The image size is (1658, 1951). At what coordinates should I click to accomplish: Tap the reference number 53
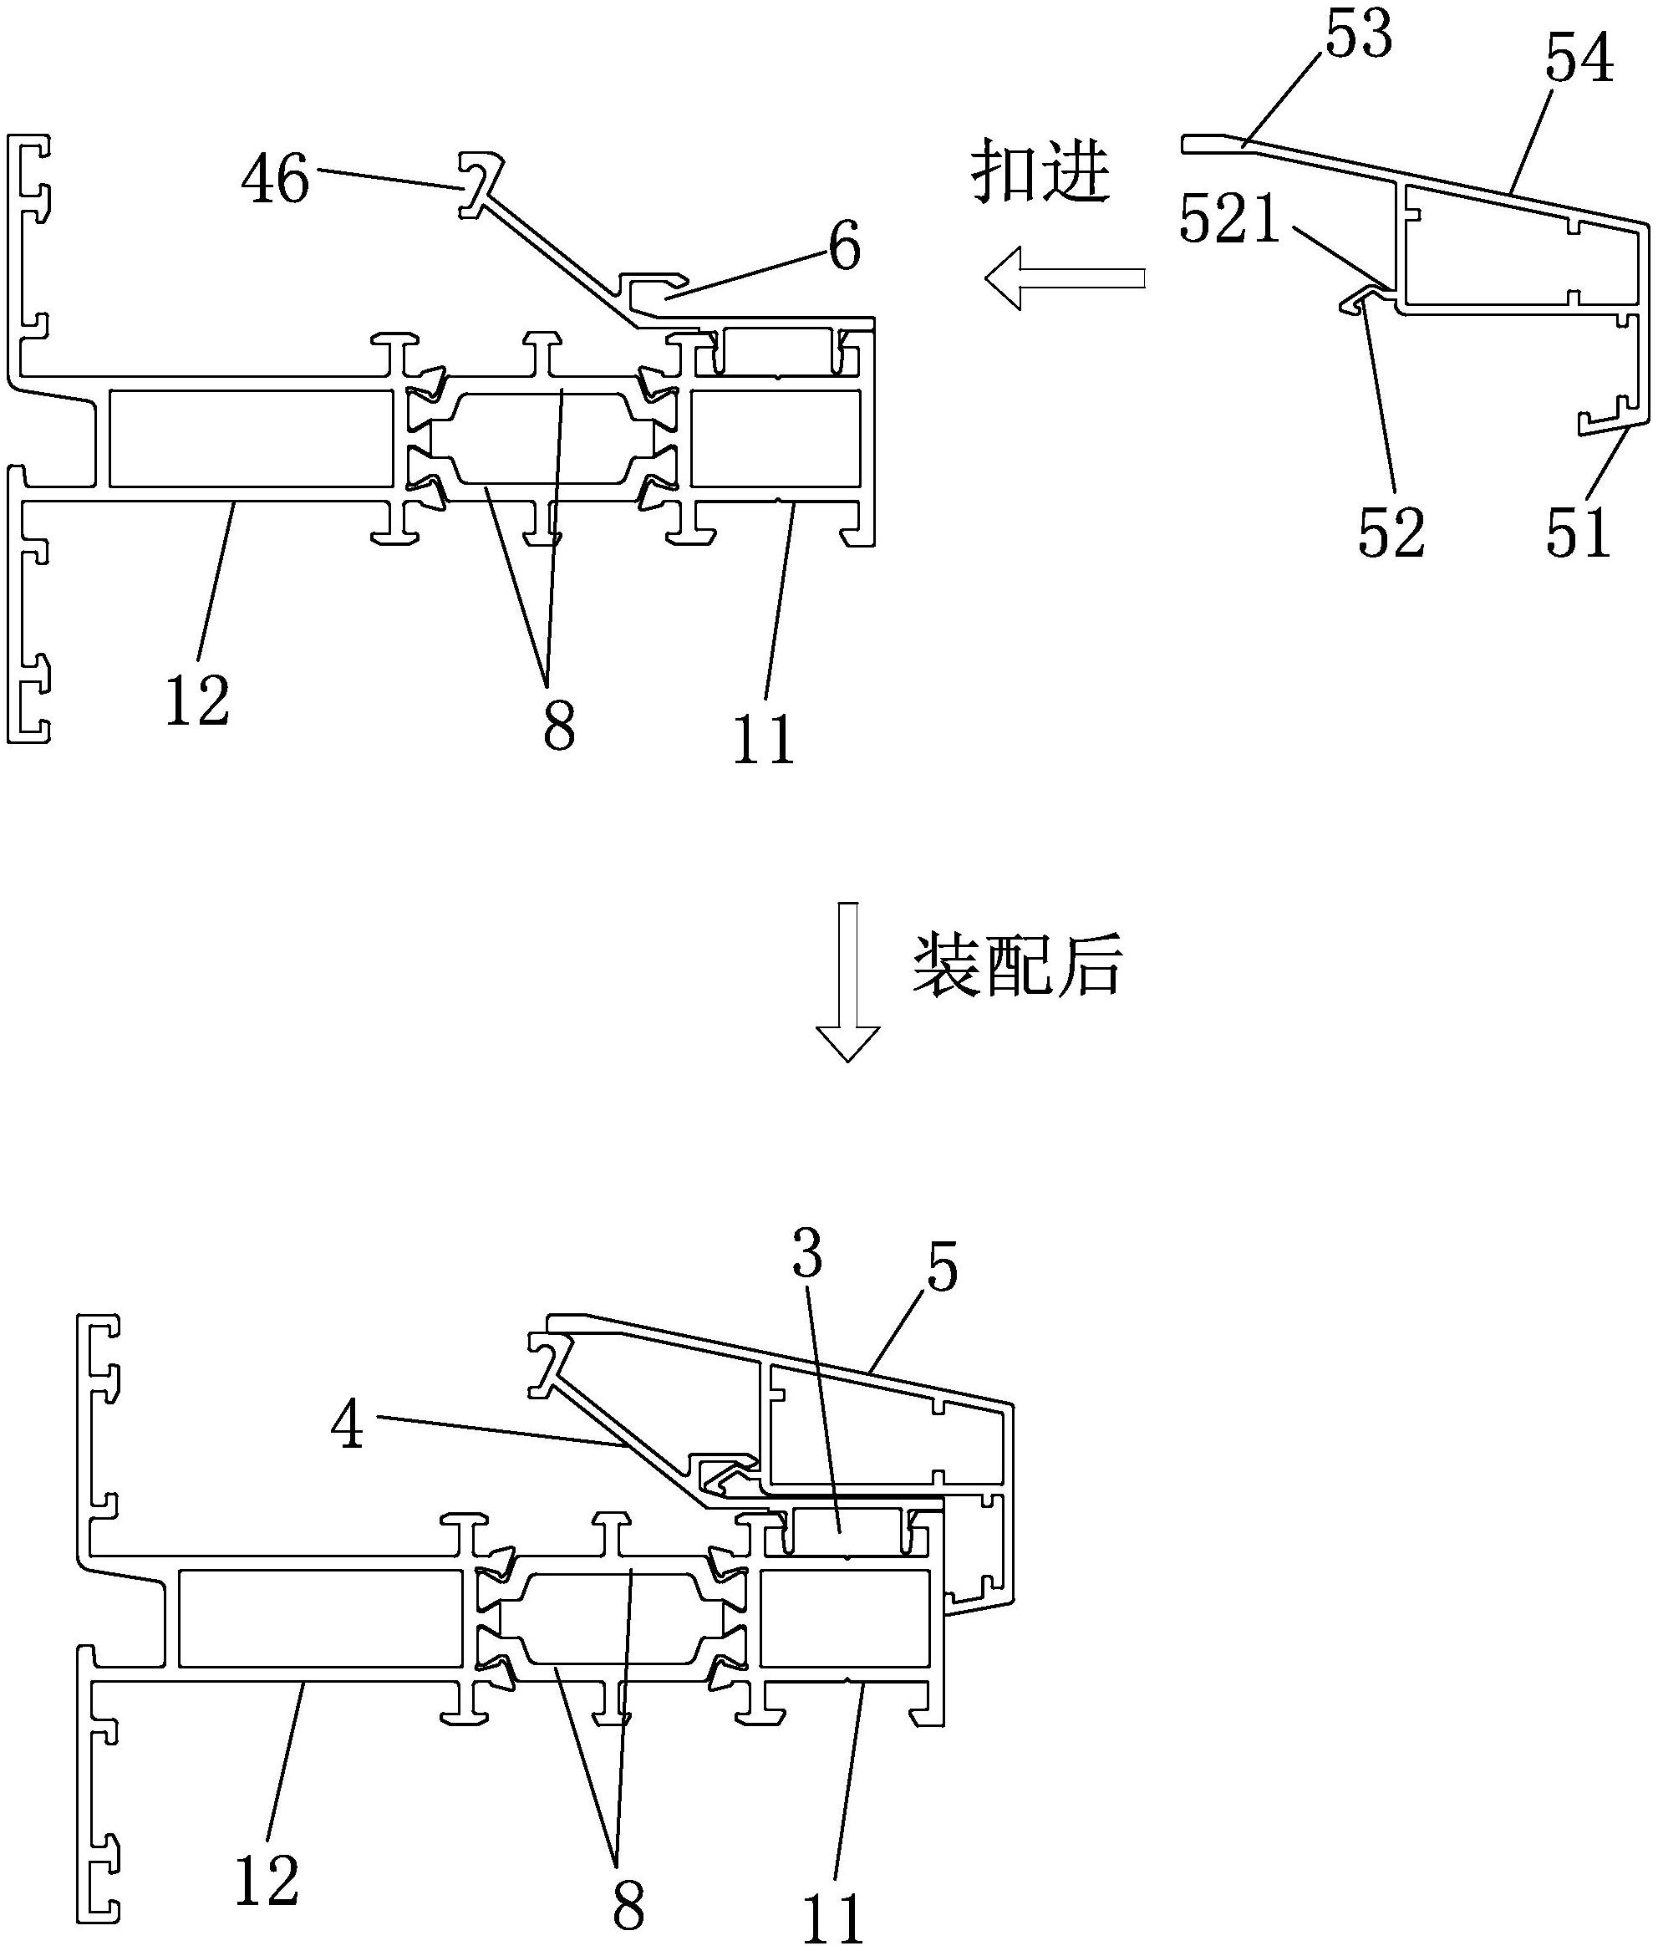(x=1358, y=38)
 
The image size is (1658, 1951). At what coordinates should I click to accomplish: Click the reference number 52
(x=1391, y=533)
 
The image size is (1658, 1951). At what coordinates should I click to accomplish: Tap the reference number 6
(x=844, y=248)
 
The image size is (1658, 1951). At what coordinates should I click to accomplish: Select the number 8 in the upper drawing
(x=558, y=726)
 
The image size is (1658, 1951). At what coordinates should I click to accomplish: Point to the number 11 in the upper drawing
(x=764, y=740)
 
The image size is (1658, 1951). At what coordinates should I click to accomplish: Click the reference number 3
(x=806, y=1256)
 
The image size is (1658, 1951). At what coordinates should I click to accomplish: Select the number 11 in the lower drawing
(x=832, y=1918)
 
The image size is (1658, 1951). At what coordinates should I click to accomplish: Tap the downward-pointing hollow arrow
(x=847, y=982)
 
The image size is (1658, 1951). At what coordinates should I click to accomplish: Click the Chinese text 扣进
(x=1040, y=171)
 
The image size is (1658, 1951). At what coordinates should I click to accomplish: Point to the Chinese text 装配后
(x=1018, y=965)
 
